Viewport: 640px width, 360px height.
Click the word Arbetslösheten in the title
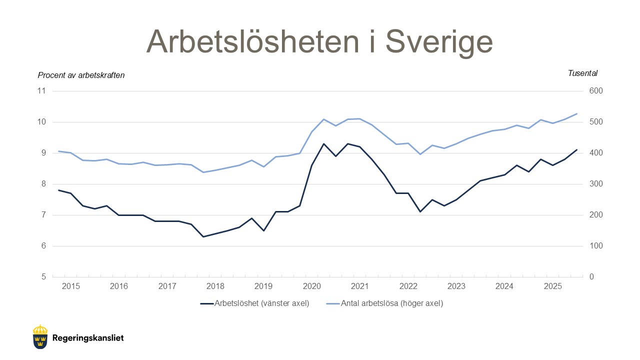click(252, 41)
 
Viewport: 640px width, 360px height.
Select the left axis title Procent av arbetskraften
click(81, 75)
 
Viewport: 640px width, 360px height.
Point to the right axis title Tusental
click(582, 73)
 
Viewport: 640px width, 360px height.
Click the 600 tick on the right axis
click(596, 91)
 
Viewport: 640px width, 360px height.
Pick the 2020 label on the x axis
click(312, 286)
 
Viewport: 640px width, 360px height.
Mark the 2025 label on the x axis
click(552, 286)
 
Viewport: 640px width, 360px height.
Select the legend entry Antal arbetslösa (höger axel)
click(391, 303)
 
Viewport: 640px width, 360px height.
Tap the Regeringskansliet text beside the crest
click(87, 338)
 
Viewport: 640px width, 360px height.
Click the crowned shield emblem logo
click(40, 336)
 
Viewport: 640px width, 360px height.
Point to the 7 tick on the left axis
click(43, 215)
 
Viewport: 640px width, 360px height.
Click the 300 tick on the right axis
click(596, 184)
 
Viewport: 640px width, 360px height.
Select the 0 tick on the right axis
click(592, 277)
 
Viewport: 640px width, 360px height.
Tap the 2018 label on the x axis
click(215, 286)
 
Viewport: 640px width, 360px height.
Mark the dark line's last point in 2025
click(576, 149)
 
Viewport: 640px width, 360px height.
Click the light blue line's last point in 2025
click(576, 113)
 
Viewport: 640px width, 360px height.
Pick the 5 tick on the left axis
click(43, 277)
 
